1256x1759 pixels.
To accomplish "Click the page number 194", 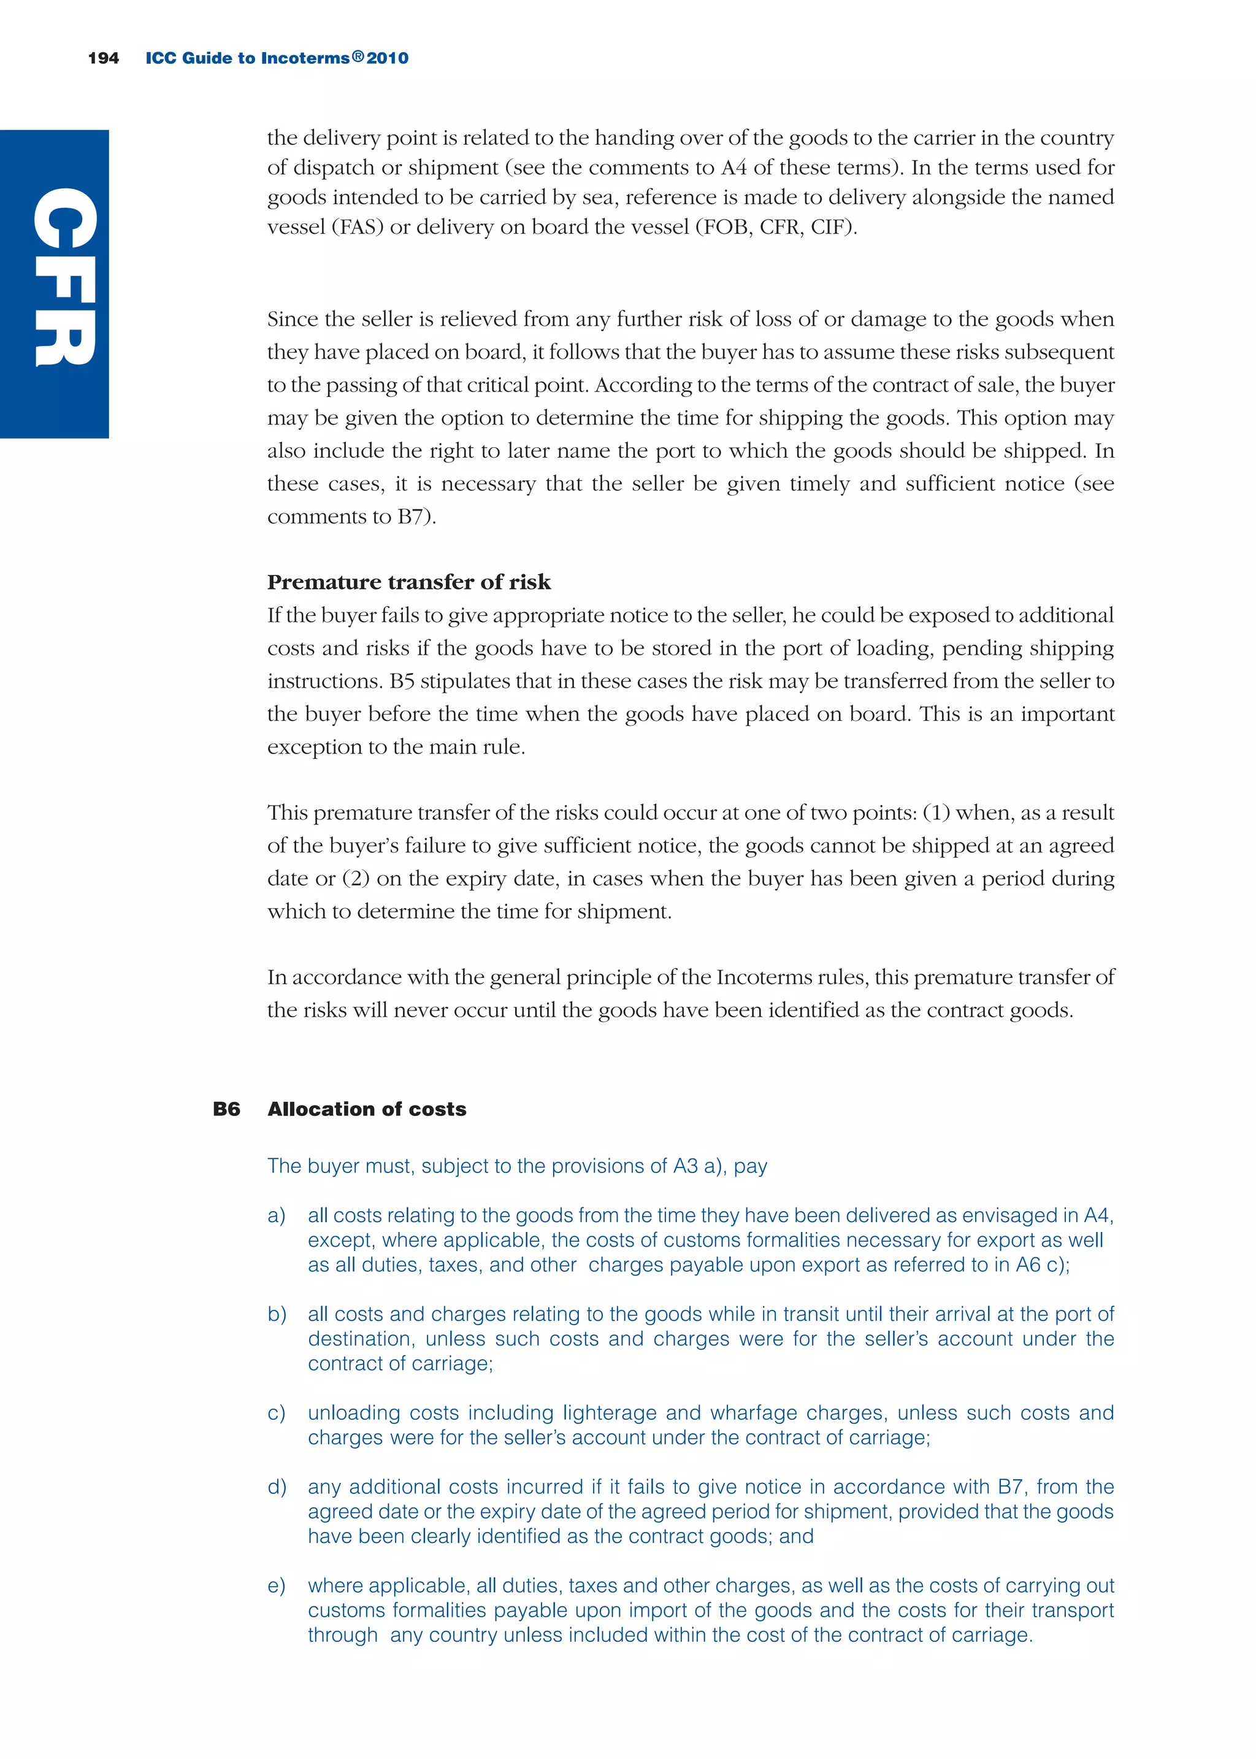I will coord(104,58).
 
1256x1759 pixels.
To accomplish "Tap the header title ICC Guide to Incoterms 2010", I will coord(277,58).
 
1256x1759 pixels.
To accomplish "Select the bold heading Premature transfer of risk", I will coord(408,582).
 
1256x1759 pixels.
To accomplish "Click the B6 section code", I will coord(226,1109).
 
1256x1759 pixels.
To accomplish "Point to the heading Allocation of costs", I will coord(367,1109).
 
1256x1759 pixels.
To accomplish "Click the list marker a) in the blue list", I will coord(276,1215).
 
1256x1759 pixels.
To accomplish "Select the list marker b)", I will coord(277,1314).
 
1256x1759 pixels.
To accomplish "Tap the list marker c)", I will coord(276,1413).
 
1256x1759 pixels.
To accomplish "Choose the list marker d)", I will coord(277,1487).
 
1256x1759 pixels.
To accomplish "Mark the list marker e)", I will coord(276,1586).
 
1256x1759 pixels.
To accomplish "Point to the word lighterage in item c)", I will coord(608,1413).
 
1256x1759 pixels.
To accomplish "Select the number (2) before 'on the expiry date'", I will coord(356,879).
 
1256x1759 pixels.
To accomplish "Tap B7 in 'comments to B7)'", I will coord(412,517).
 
